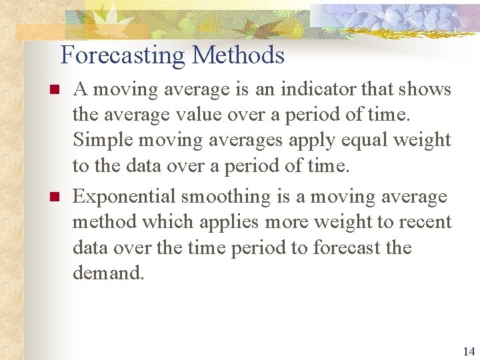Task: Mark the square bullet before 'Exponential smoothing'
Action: pyautogui.click(x=55, y=197)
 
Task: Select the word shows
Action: pyautogui.click(x=427, y=89)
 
